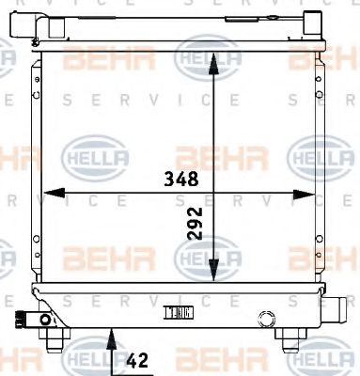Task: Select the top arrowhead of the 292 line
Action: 215,59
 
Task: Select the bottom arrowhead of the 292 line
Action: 215,274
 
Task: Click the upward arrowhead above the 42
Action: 114,329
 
